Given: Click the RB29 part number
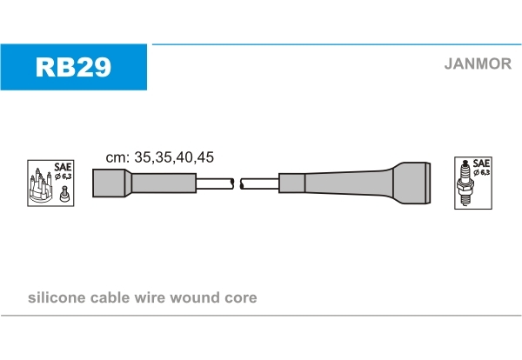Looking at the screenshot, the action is [73, 67].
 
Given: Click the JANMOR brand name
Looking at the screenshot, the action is [478, 63].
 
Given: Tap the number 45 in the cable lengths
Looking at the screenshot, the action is [205, 157].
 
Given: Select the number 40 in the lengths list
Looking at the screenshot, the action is [185, 157].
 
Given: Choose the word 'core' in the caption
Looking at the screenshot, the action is [241, 298].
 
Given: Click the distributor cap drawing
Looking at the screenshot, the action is [41, 187].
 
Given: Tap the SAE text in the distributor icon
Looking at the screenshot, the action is [63, 167].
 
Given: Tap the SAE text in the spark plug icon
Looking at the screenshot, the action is [481, 163].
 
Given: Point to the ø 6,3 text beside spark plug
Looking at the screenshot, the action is [482, 172].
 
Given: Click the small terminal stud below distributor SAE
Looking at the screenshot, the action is [64, 194].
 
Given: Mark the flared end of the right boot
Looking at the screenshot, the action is [412, 183].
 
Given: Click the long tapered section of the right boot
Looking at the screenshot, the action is [349, 183].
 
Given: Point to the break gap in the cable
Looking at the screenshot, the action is [237, 183].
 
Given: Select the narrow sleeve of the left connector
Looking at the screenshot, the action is [164, 183].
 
